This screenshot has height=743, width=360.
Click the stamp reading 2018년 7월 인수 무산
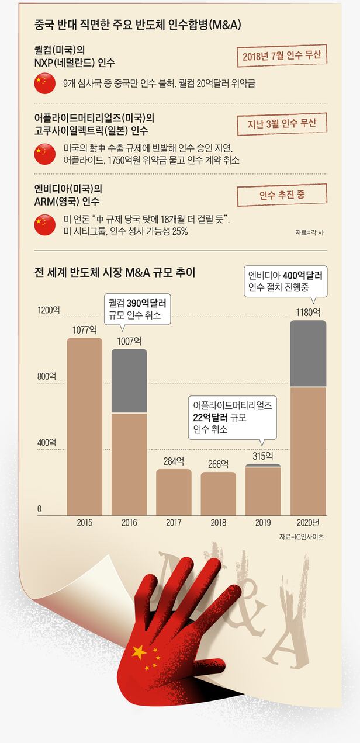pyautogui.click(x=281, y=57)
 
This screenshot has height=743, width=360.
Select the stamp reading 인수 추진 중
pyautogui.click(x=281, y=195)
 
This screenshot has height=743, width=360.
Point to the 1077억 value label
pyautogui.click(x=84, y=330)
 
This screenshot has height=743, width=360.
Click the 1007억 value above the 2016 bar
pyautogui.click(x=129, y=341)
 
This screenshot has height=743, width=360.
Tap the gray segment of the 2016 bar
pyautogui.click(x=129, y=381)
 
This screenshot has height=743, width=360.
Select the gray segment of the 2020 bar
pyautogui.click(x=308, y=353)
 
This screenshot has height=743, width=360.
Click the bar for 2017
pyautogui.click(x=174, y=492)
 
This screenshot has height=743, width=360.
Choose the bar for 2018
pyautogui.click(x=219, y=494)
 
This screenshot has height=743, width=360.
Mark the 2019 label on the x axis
pyautogui.click(x=263, y=523)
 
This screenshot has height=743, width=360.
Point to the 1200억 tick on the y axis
pyautogui.click(x=49, y=310)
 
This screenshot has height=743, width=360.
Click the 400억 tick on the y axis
pyautogui.click(x=47, y=443)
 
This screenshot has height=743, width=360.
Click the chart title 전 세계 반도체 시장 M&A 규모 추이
pyautogui.click(x=115, y=272)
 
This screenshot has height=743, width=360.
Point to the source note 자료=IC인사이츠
pyautogui.click(x=301, y=536)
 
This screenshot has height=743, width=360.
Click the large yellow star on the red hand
pyautogui.click(x=139, y=652)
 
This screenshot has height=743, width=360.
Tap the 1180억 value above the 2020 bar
pyautogui.click(x=308, y=312)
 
